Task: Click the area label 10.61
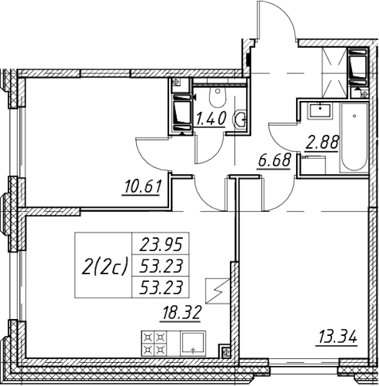click(x=143, y=187)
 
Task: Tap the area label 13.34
click(x=337, y=337)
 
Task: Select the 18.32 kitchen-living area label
click(x=181, y=313)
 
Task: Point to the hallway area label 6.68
click(x=274, y=160)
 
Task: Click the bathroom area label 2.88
click(x=322, y=142)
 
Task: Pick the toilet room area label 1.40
click(x=211, y=118)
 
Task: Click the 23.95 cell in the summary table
click(x=161, y=244)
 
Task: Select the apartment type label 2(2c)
click(x=105, y=266)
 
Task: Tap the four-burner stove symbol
click(x=154, y=344)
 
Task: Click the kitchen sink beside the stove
click(x=193, y=343)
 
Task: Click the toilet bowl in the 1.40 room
click(x=218, y=96)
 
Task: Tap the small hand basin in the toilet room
click(x=240, y=120)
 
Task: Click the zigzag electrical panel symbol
click(x=218, y=291)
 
